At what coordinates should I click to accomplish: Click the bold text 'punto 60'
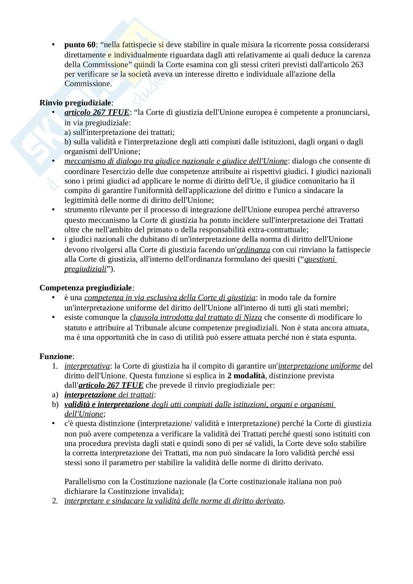[80, 45]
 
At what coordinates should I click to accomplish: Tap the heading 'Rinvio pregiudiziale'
[75, 103]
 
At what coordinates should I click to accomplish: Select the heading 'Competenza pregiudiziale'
[85, 288]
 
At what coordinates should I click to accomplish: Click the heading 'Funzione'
[56, 356]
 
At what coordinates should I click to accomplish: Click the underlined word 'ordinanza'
[253, 249]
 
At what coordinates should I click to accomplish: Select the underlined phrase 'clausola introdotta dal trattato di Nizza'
[196, 317]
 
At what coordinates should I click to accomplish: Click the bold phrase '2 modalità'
[246, 376]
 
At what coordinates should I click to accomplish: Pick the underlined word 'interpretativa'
[87, 366]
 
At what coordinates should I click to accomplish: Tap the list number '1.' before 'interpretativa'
[55, 366]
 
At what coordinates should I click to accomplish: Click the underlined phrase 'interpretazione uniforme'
[319, 366]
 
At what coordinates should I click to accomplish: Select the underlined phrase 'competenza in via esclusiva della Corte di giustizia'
[170, 298]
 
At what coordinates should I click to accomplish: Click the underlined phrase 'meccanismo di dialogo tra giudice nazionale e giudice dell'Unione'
[176, 161]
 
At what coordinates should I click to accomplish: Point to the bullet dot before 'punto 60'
[53, 45]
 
